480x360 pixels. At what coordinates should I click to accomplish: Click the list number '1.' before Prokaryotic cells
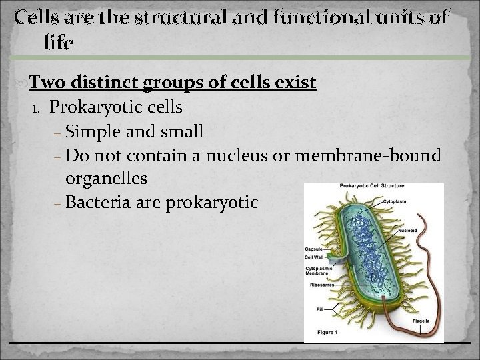37,108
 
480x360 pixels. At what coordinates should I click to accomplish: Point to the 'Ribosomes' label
318,284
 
